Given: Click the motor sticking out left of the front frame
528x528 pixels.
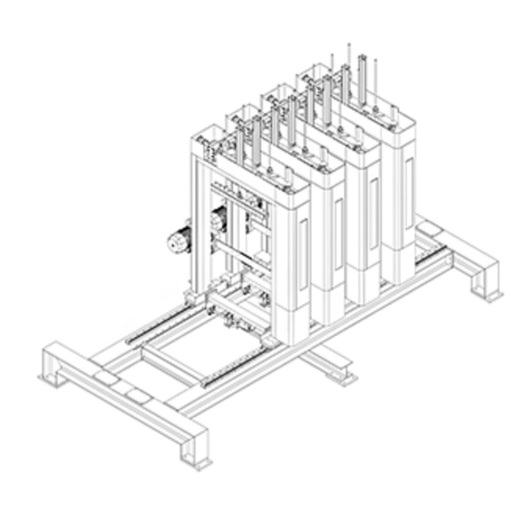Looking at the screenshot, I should click(x=178, y=239).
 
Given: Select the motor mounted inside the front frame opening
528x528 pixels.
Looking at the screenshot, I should click(x=219, y=219).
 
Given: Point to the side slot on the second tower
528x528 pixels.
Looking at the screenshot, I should click(x=338, y=234).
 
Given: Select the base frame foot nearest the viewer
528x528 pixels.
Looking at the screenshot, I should click(x=195, y=454).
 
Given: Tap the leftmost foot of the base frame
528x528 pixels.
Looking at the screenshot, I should click(x=53, y=372).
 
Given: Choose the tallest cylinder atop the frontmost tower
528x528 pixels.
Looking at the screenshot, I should click(x=256, y=140).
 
